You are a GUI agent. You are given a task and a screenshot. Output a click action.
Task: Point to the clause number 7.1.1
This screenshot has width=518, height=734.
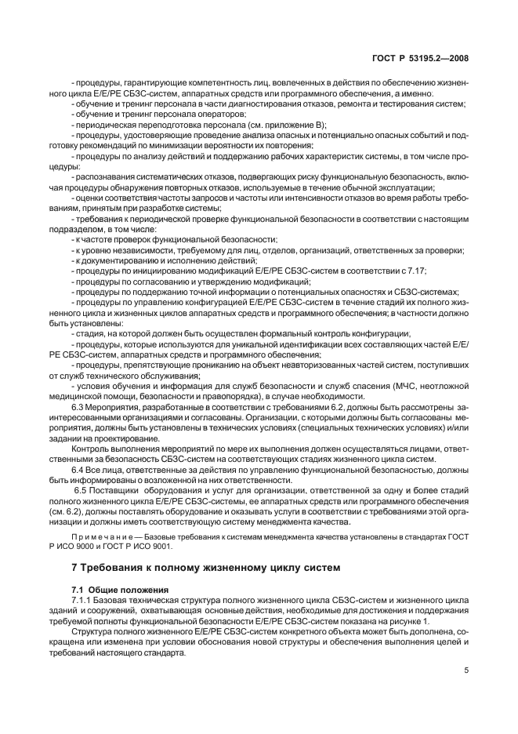[82, 598]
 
